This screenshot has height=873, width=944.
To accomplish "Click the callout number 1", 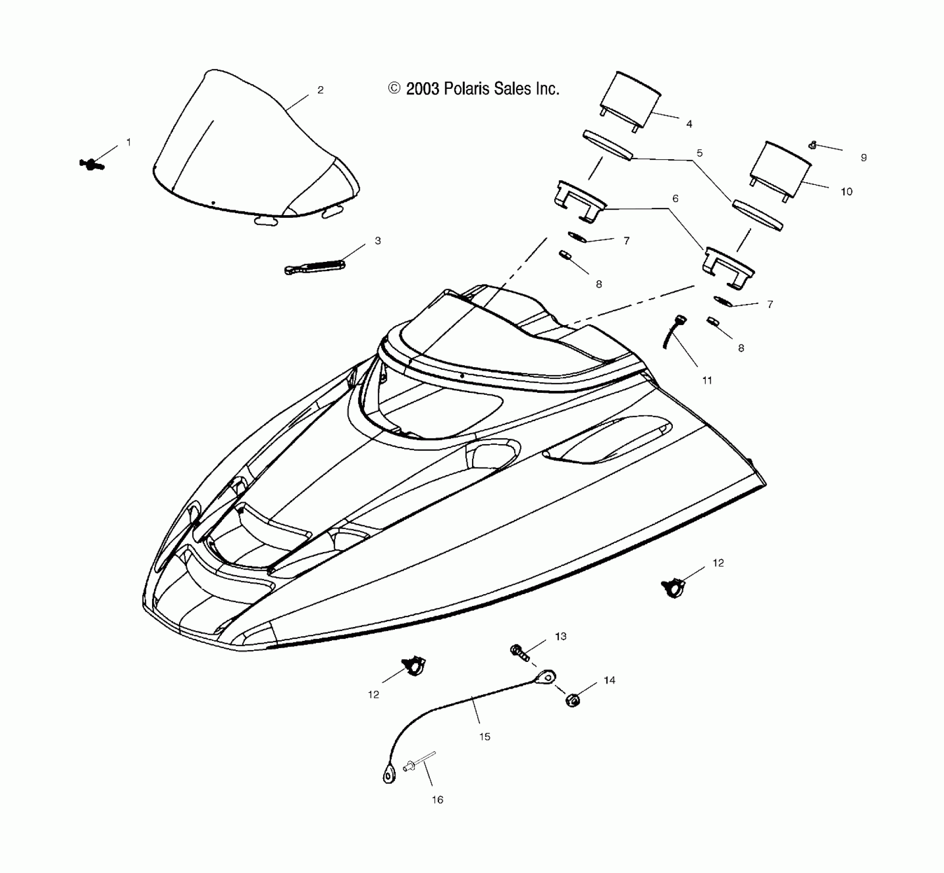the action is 128,142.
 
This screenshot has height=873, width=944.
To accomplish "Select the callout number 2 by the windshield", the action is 320,90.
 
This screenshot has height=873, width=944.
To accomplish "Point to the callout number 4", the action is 689,124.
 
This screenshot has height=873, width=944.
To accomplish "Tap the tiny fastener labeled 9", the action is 813,145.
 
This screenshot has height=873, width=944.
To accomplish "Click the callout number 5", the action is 699,153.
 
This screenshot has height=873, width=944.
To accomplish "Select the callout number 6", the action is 675,198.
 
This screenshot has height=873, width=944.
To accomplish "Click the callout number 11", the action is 707,381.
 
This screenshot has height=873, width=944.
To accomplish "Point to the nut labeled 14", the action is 573,699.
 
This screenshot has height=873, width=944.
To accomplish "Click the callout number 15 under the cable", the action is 484,736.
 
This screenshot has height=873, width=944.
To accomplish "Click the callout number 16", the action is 437,800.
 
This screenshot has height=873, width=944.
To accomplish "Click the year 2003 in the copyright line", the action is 422,89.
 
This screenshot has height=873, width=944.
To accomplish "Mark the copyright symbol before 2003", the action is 394,89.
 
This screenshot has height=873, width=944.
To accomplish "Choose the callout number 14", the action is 609,680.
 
